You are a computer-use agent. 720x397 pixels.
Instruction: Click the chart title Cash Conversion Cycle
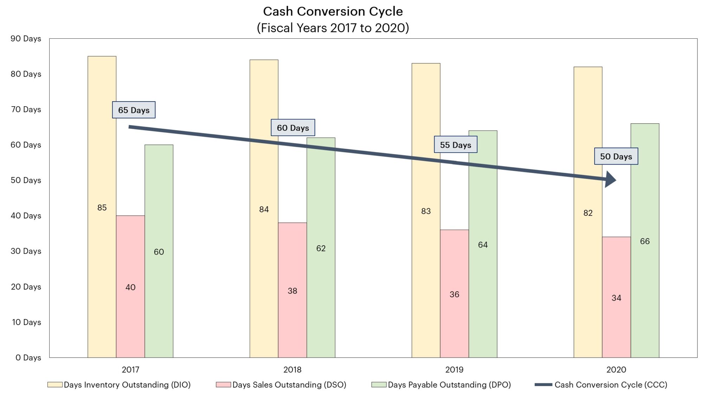[x=333, y=12]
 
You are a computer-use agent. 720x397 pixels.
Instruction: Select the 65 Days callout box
[x=134, y=110]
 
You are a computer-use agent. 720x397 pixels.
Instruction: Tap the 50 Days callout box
[x=616, y=156]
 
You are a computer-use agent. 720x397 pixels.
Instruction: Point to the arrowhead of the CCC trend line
[x=611, y=180]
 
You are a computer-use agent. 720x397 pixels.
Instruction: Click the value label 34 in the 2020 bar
[x=616, y=298]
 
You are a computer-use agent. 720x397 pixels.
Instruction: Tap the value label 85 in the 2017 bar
[x=102, y=207]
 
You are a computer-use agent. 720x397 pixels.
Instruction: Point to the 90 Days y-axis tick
[x=26, y=39]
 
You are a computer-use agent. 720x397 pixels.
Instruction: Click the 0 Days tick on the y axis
[x=28, y=358]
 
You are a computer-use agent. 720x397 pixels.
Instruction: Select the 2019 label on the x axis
[x=454, y=370]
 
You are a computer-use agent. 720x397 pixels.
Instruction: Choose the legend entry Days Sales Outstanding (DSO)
[x=289, y=385]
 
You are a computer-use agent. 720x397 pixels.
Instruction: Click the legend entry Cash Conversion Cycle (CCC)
[x=611, y=385]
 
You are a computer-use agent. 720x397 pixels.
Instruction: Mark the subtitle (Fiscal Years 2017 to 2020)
[x=333, y=28]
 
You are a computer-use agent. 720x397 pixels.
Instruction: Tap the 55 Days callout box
[x=455, y=145]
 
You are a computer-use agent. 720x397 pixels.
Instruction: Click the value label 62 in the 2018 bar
[x=321, y=248]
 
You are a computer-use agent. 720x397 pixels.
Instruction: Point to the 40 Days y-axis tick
[x=26, y=216]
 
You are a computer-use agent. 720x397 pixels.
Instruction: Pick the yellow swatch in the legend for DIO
[x=55, y=385]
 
